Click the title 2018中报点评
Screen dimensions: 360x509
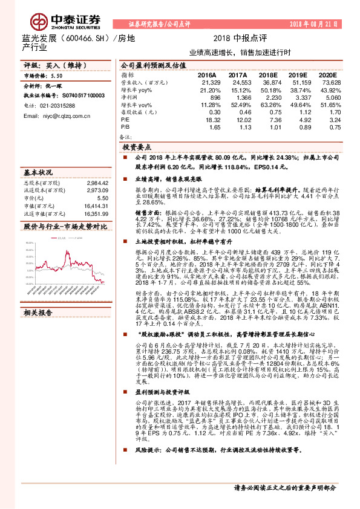coord(236,38)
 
